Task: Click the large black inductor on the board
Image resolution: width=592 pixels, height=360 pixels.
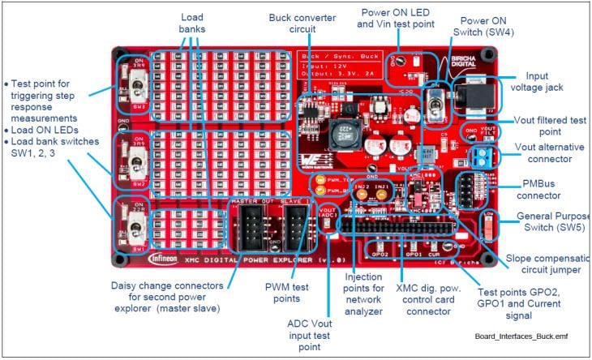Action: click(340, 131)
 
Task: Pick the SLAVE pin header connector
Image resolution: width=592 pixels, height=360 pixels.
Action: click(294, 223)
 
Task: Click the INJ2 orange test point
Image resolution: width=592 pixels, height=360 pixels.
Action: click(362, 195)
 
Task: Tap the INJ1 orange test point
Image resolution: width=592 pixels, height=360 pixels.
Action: click(383, 195)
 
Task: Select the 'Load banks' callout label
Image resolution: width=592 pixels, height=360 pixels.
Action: click(193, 22)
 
